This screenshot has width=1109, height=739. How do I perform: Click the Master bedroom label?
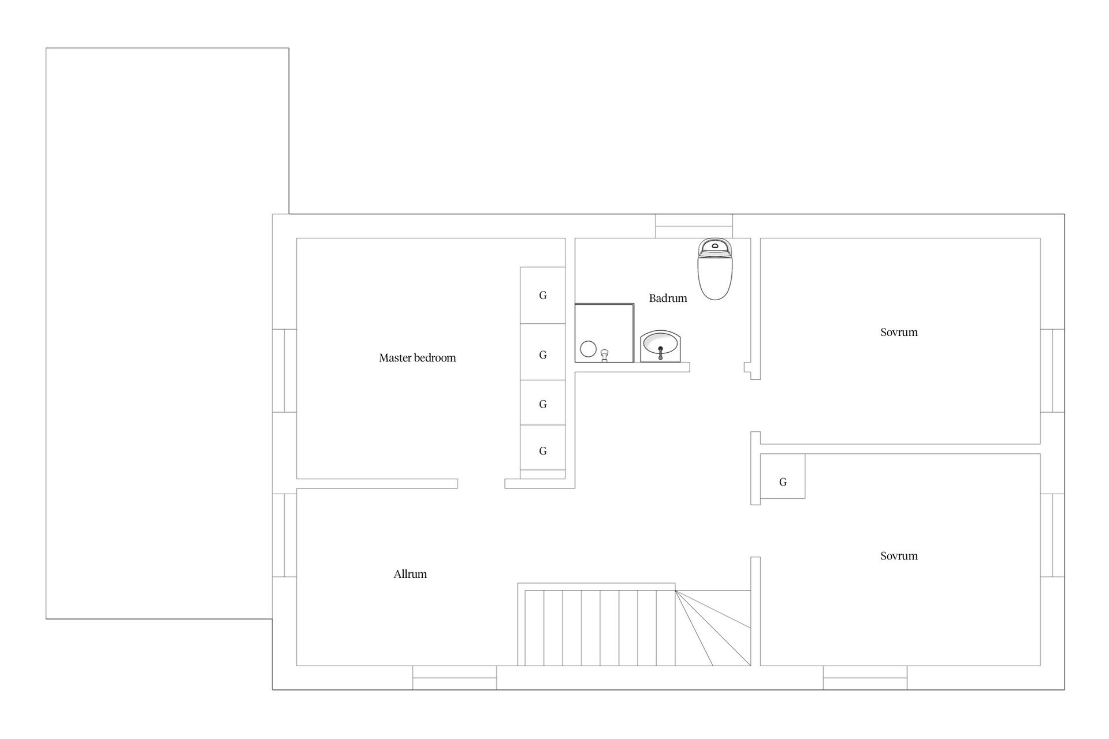[x=418, y=358]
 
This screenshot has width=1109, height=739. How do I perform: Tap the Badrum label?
[x=668, y=298]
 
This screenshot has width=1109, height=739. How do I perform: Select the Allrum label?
[x=410, y=574]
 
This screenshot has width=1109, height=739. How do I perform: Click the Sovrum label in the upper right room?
[x=899, y=332]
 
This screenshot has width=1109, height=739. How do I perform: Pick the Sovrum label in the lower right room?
[x=899, y=556]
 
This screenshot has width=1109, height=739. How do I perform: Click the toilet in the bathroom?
[x=715, y=269]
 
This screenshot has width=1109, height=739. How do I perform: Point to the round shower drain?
[x=588, y=349]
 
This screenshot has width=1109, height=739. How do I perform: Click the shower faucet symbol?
[x=605, y=355]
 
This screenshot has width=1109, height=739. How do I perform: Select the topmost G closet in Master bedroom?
[x=542, y=295]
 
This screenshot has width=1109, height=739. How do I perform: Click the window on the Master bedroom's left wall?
[x=284, y=371]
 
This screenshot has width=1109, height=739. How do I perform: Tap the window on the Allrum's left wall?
[x=284, y=535]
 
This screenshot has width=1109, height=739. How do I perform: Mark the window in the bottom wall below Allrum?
[x=455, y=677]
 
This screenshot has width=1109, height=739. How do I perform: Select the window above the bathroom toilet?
[x=694, y=226]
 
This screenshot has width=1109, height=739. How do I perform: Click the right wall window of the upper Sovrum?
[x=1052, y=371]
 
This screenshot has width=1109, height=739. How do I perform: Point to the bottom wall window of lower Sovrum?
[x=865, y=677]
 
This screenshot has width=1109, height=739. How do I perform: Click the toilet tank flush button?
[x=715, y=245]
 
